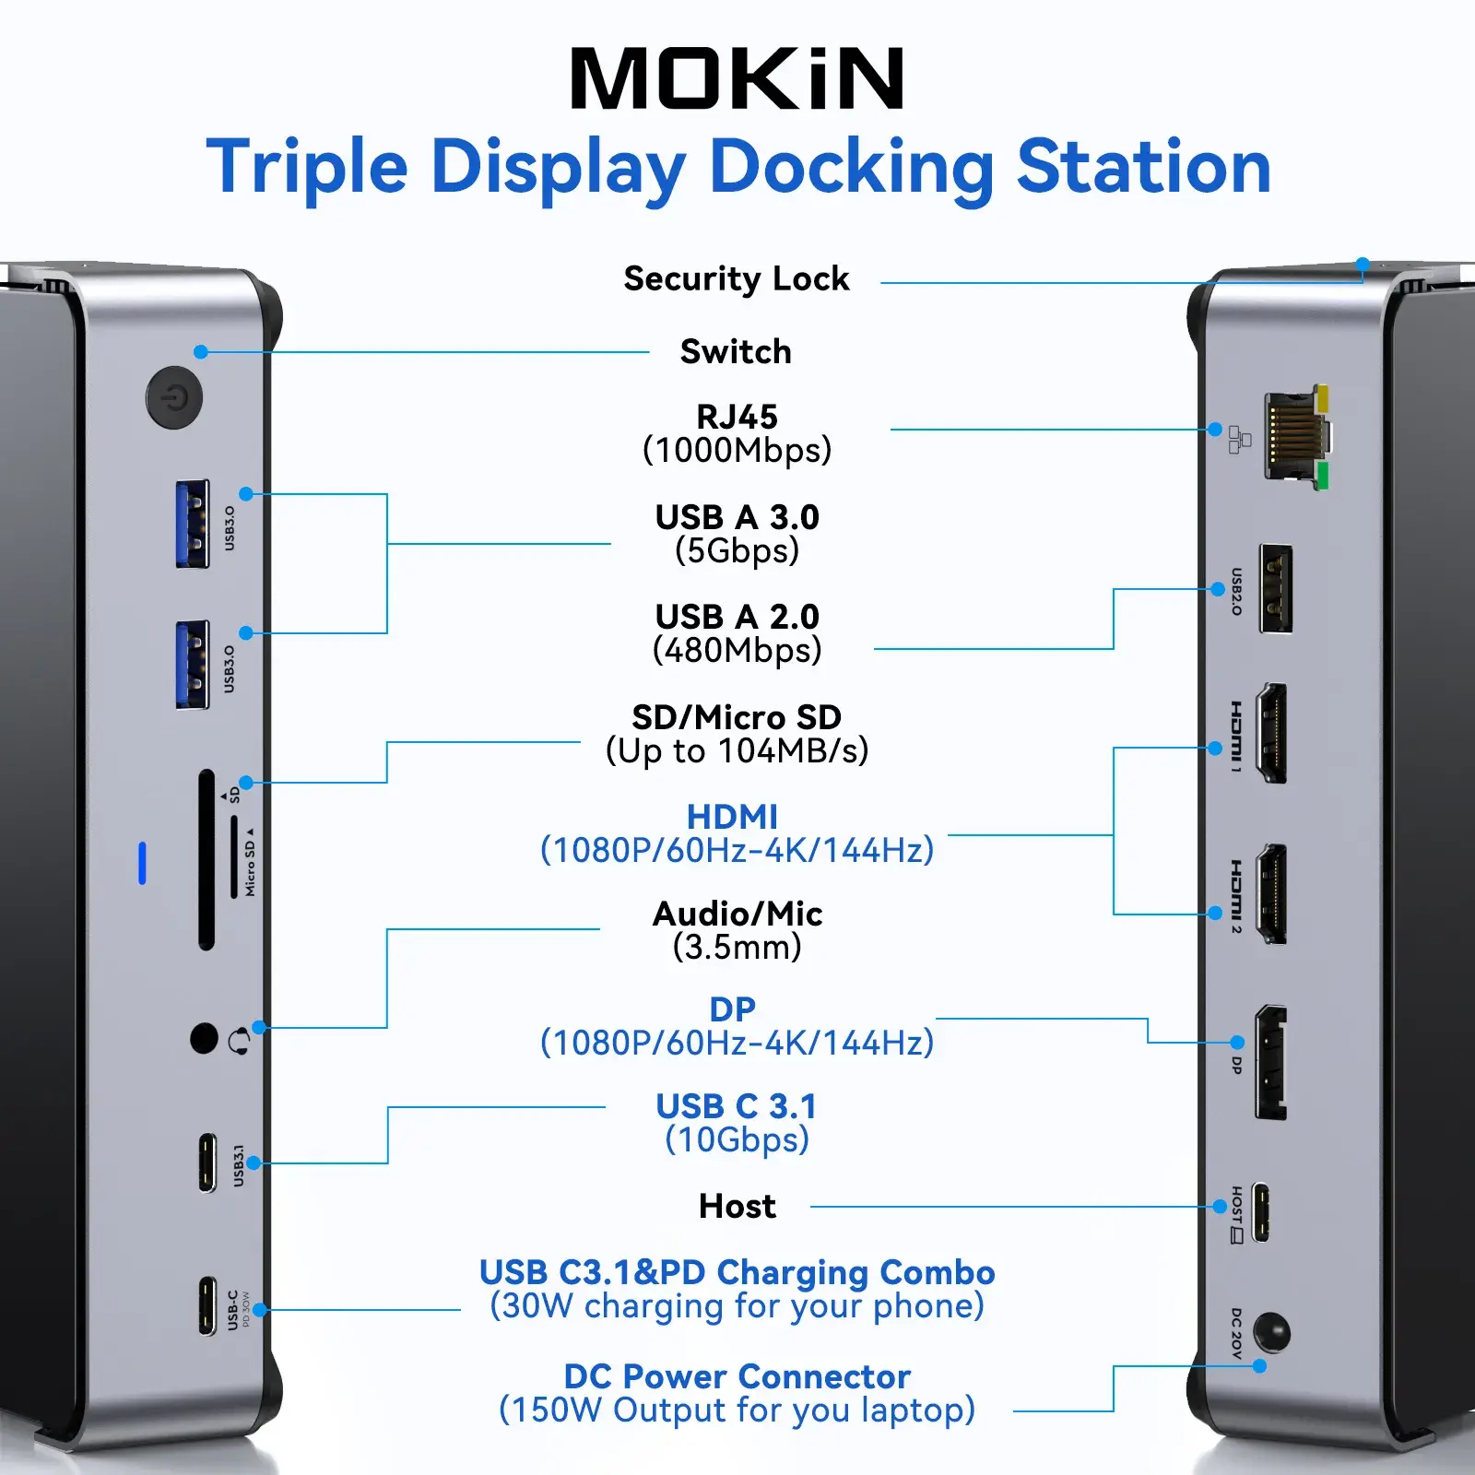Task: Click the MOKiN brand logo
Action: pos(737,79)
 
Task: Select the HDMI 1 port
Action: pos(1272,734)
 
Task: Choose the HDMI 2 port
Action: pos(1272,893)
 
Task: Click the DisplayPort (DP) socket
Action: pos(1270,1063)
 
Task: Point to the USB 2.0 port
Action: pos(1275,589)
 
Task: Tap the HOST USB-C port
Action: pos(1260,1212)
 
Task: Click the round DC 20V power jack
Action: pos(1272,1333)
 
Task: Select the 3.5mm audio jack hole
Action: pos(204,1038)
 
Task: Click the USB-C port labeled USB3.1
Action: pos(208,1162)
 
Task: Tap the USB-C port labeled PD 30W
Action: pos(208,1305)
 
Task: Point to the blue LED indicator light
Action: pos(142,863)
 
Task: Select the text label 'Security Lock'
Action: pos(736,278)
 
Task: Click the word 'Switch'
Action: pos(736,352)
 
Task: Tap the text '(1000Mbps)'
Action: pos(737,451)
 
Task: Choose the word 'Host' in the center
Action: pos(737,1206)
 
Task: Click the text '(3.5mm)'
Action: pos(737,947)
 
